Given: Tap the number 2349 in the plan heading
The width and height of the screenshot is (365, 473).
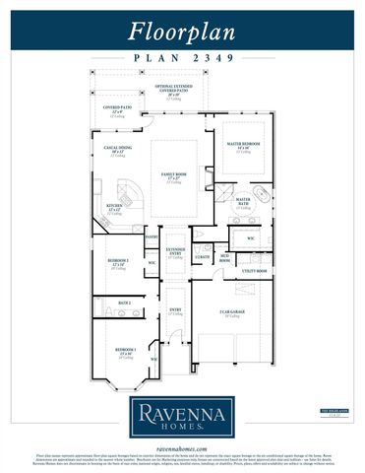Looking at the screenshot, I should (x=218, y=58).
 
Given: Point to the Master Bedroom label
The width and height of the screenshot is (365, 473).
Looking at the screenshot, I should (x=243, y=146).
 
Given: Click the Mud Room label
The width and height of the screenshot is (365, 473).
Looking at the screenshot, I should (x=224, y=259).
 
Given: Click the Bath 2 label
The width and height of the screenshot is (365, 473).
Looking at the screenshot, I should (x=124, y=303).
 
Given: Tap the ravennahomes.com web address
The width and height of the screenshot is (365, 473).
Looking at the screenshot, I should (x=182, y=446).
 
